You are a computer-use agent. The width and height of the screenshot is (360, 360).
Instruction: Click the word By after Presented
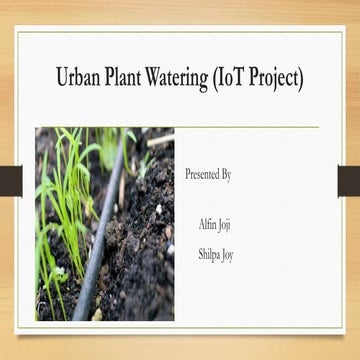point(226,175)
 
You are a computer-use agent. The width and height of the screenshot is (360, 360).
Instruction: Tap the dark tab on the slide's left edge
point(10,180)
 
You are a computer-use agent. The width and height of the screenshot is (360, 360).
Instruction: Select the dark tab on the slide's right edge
point(348,180)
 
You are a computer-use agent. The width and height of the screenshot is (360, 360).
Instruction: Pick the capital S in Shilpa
point(200,254)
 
